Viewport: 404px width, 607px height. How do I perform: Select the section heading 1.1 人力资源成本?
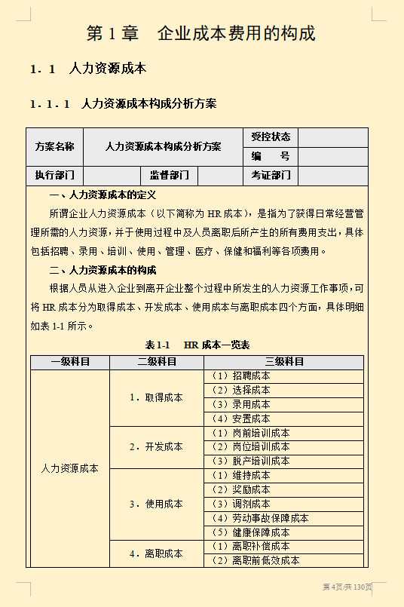pyautogui.click(x=88, y=69)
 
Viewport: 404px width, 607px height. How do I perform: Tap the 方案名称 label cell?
pyautogui.click(x=55, y=147)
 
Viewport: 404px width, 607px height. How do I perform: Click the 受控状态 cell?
pyautogui.click(x=271, y=137)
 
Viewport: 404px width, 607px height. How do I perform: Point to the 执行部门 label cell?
pyautogui.click(x=55, y=176)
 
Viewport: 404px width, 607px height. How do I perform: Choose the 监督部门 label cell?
pyautogui.click(x=169, y=176)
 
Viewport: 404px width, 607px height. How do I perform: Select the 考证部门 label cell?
pyautogui.click(x=271, y=176)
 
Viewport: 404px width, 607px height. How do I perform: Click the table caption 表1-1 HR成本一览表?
pyautogui.click(x=197, y=345)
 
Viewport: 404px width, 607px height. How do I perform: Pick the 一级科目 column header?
pyautogui.click(x=70, y=362)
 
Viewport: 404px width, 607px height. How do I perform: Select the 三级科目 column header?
pyautogui.click(x=284, y=362)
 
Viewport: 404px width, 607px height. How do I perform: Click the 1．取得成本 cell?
pyautogui.click(x=156, y=397)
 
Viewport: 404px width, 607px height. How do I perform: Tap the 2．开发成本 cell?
pyautogui.click(x=156, y=447)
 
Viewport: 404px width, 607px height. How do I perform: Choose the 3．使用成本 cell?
pyautogui.click(x=156, y=504)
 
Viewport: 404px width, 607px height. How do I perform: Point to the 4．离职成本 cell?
pyautogui.click(x=156, y=553)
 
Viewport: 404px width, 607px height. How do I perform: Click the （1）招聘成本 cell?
pyautogui.click(x=240, y=376)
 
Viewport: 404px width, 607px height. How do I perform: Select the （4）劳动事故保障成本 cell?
pyautogui.click(x=259, y=518)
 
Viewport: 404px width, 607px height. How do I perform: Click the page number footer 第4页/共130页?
pyautogui.click(x=347, y=587)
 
